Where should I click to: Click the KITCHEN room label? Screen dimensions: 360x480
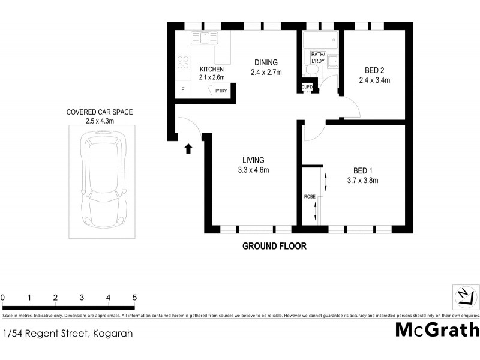tap(212, 70)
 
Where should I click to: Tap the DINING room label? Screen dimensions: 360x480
tap(266, 62)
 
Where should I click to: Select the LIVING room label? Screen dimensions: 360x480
tap(253, 160)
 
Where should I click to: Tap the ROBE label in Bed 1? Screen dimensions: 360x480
tap(310, 196)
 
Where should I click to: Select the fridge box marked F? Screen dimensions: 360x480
tap(183, 90)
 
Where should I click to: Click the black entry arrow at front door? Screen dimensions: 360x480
tap(189, 149)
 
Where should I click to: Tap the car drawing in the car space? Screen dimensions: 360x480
tap(106, 181)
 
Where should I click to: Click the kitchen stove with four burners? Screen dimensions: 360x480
tap(182, 62)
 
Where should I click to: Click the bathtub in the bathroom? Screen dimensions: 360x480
tap(320, 41)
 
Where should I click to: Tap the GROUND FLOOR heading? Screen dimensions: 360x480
tap(274, 246)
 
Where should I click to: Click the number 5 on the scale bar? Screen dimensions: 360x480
tap(134, 298)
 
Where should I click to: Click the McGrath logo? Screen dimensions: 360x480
tap(437, 329)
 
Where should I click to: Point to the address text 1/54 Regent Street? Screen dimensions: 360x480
tap(68, 334)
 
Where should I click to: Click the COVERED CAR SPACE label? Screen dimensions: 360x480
tap(99, 112)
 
